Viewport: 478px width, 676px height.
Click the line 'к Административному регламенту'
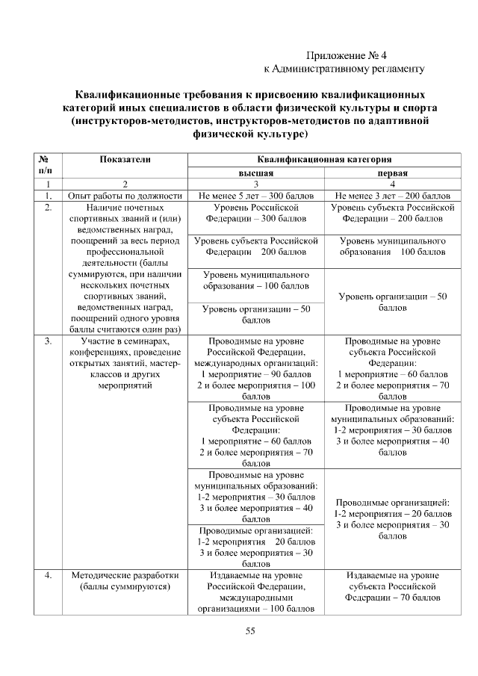click(x=344, y=69)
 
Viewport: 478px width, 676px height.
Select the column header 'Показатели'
click(x=125, y=159)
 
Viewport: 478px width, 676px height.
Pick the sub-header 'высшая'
click(x=255, y=171)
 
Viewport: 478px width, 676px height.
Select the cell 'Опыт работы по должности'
click(x=125, y=194)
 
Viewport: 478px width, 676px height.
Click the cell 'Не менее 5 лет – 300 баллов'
click(x=255, y=194)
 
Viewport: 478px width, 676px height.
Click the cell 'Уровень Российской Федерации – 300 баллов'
click(x=255, y=212)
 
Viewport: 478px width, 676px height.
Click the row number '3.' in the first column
click(x=49, y=341)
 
